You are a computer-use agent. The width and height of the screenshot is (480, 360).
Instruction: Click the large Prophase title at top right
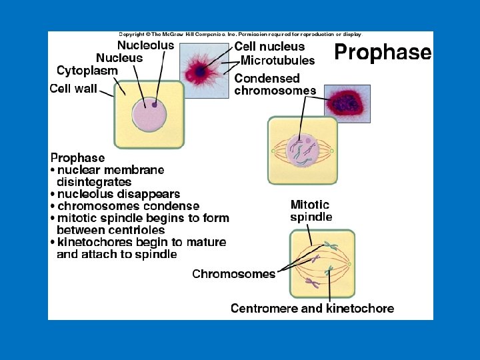click(x=382, y=52)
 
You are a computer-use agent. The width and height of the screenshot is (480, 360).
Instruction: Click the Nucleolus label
click(x=145, y=46)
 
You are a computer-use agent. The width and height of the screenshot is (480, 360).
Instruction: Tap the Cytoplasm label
click(x=87, y=71)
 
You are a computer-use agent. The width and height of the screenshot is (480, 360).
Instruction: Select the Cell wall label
click(x=73, y=88)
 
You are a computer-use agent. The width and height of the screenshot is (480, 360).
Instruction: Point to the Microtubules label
click(x=277, y=61)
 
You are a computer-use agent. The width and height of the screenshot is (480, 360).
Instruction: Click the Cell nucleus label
click(x=269, y=47)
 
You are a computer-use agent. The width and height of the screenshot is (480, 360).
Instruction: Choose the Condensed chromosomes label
click(x=275, y=84)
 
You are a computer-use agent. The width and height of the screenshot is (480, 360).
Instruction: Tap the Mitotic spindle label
click(x=311, y=211)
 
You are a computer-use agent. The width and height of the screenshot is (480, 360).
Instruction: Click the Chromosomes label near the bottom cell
click(x=233, y=274)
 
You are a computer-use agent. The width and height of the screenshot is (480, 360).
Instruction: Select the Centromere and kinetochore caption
click(x=312, y=308)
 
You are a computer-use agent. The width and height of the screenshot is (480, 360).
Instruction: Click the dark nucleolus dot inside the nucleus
click(x=155, y=105)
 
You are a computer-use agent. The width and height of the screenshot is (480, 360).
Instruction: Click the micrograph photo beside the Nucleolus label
click(x=205, y=71)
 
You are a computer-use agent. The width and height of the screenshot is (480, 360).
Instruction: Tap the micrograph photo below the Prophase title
click(x=346, y=103)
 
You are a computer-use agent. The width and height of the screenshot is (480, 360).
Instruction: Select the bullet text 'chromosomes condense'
click(x=128, y=206)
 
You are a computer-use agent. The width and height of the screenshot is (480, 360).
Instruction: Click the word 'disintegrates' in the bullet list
click(x=94, y=182)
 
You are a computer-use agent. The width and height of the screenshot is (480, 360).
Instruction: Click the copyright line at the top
click(x=240, y=34)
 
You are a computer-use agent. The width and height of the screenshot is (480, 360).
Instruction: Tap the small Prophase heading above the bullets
click(x=78, y=158)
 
